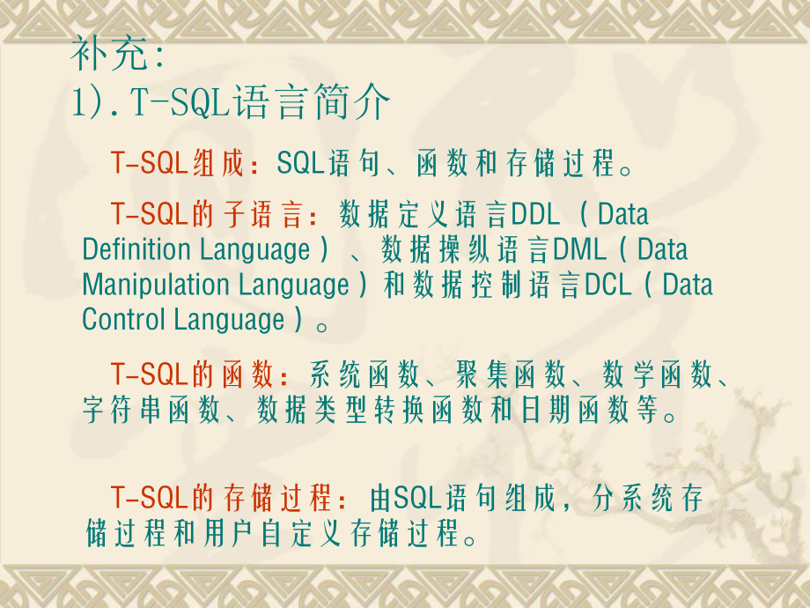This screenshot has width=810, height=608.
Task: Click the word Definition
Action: (137, 250)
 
